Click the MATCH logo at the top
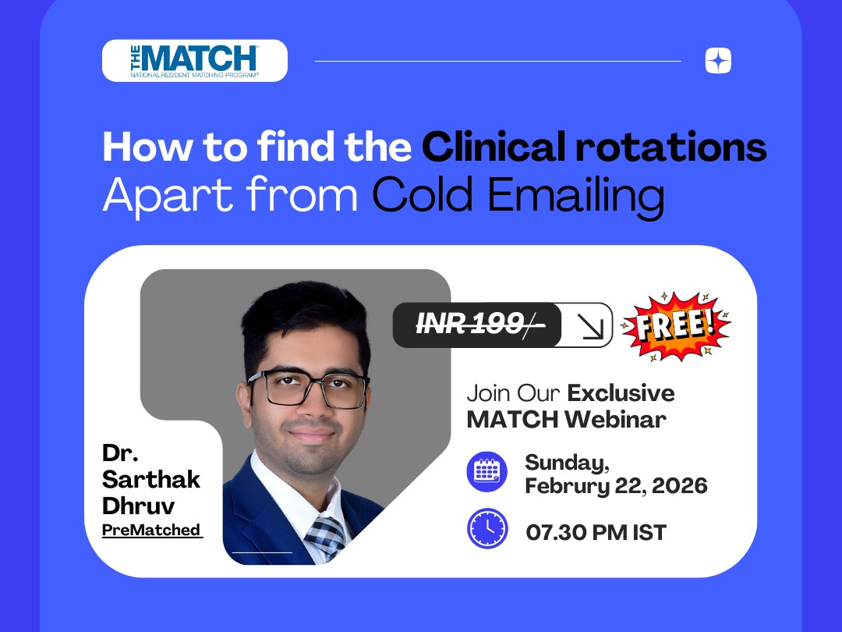click(194, 61)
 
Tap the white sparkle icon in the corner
click(718, 60)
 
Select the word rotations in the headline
click(671, 147)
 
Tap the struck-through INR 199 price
click(480, 324)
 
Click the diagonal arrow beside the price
click(589, 326)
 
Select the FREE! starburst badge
click(675, 326)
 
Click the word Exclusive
click(621, 392)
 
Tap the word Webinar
click(615, 419)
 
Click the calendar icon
click(486, 471)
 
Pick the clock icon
click(487, 528)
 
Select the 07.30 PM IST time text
click(596, 533)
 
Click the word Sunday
click(567, 463)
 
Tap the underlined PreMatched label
click(152, 530)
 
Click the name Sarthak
click(151, 479)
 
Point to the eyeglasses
click(308, 388)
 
